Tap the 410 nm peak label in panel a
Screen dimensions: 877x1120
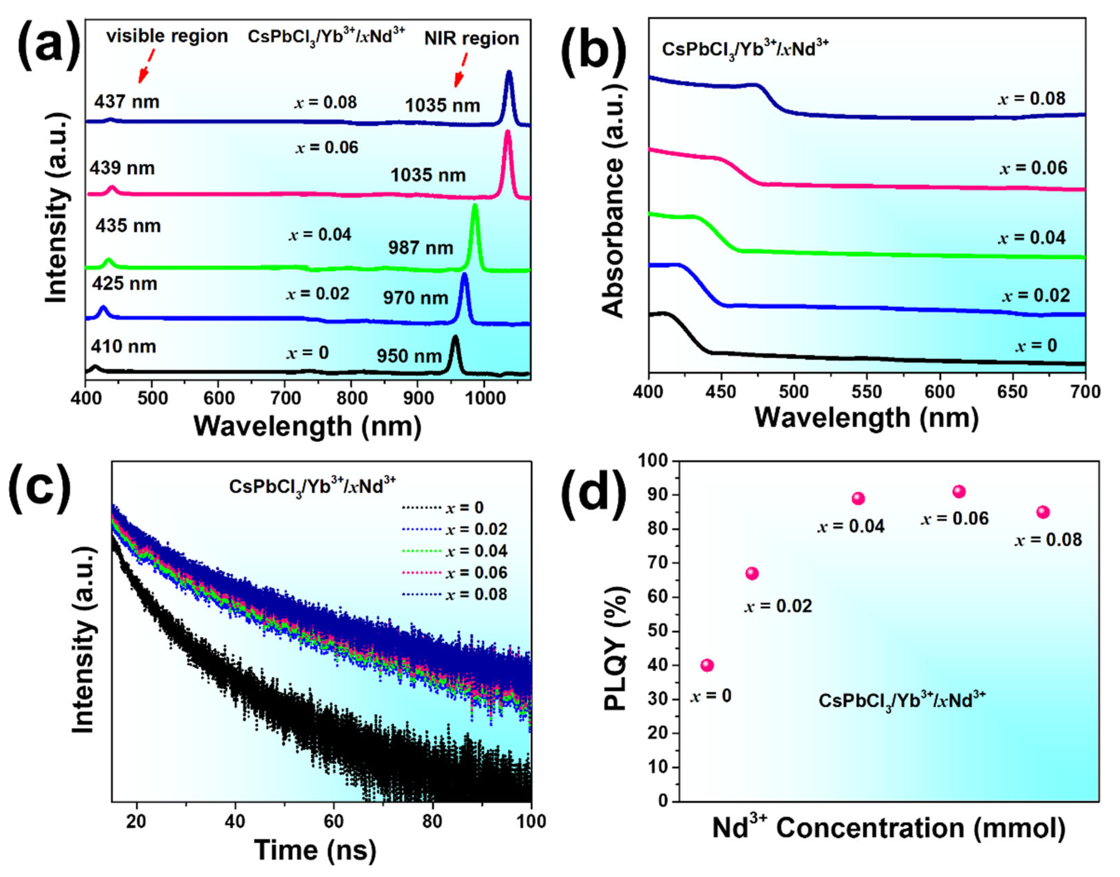click(x=123, y=347)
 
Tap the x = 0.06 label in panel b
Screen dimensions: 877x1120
click(x=1033, y=168)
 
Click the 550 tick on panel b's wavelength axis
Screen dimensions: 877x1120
click(x=867, y=392)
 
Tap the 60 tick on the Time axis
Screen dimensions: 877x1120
click(x=334, y=821)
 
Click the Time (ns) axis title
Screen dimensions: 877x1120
click(x=315, y=850)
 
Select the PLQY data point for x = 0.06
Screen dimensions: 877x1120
click(x=959, y=492)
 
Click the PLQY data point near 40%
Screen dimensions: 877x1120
click(x=707, y=665)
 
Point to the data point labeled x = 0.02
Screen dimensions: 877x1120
click(x=752, y=574)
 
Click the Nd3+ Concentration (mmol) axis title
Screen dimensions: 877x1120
click(x=888, y=828)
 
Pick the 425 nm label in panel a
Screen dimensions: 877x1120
click(x=124, y=283)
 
